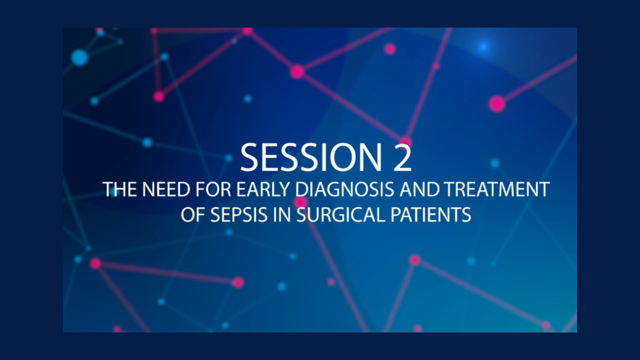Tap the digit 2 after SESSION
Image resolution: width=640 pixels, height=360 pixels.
coord(399,157)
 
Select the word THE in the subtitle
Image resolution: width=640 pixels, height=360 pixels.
coord(118,190)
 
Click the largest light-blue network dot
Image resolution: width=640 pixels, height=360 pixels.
coord(79,57)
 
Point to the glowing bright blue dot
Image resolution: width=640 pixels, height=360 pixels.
coord(483,47)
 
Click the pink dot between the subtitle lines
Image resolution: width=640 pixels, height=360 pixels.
coord(301,202)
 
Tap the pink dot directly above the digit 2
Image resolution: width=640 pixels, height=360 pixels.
coord(406,142)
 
